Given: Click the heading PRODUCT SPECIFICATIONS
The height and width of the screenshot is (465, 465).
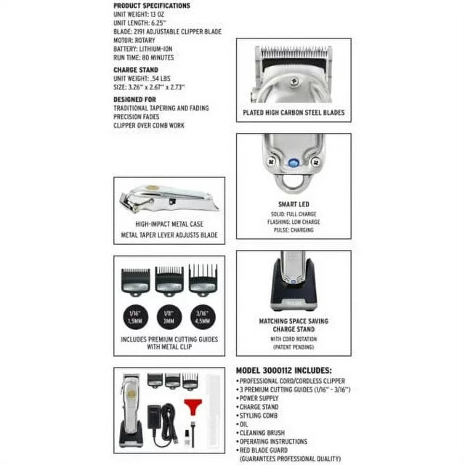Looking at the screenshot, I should pos(151,6).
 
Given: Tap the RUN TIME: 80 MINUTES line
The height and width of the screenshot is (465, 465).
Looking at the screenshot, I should pos(143,57).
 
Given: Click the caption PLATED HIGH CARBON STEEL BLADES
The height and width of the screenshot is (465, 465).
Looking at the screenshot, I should pos(294,113).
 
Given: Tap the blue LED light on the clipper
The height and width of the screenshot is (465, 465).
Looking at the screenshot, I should pos(294,165).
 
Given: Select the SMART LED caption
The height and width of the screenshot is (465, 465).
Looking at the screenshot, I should pos(294,205).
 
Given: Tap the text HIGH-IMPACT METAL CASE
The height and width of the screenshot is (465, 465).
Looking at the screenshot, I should pos(169,225).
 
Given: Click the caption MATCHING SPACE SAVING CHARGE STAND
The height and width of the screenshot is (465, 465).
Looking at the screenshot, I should pos(294,324).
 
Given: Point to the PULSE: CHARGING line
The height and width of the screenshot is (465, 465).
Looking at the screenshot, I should pos(294,230).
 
